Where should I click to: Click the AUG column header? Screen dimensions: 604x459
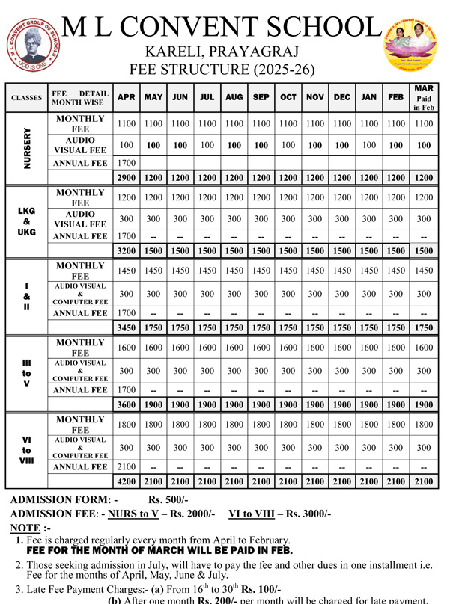[234, 97]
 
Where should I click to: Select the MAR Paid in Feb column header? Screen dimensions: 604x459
[423, 97]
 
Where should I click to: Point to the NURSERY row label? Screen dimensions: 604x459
[27, 147]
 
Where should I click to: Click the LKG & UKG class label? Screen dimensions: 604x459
[27, 222]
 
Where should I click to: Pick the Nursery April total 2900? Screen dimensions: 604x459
[127, 178]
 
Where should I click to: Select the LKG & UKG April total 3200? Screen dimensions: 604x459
[127, 251]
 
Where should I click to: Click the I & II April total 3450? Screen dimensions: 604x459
[127, 327]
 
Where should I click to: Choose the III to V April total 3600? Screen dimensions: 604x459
[127, 404]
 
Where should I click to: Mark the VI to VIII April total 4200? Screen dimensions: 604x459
[127, 481]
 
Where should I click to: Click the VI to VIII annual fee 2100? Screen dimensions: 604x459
[127, 467]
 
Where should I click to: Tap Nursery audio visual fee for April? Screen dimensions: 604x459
[127, 145]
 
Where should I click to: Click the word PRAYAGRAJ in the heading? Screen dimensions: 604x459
[257, 52]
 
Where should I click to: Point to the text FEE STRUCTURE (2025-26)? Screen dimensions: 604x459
[222, 70]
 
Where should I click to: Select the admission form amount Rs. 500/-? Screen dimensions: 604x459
[168, 499]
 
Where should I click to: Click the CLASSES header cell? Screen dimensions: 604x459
[27, 98]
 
